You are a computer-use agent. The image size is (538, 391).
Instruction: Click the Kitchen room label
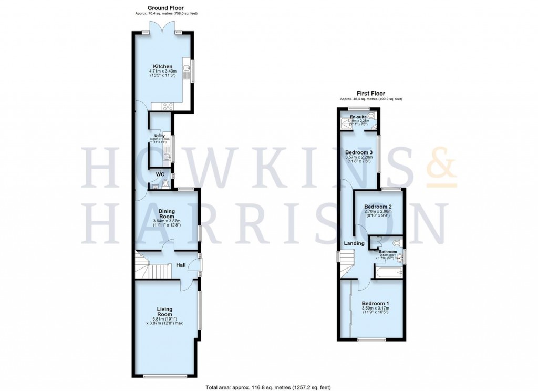click(160, 66)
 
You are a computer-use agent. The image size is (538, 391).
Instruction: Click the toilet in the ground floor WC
click(166, 183)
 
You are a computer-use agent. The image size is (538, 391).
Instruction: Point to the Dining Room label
click(167, 213)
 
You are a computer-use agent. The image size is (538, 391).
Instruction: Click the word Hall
click(180, 265)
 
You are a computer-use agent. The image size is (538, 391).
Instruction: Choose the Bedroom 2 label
click(378, 207)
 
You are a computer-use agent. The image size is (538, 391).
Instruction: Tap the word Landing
click(354, 243)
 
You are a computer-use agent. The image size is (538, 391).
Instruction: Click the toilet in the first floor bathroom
click(397, 243)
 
